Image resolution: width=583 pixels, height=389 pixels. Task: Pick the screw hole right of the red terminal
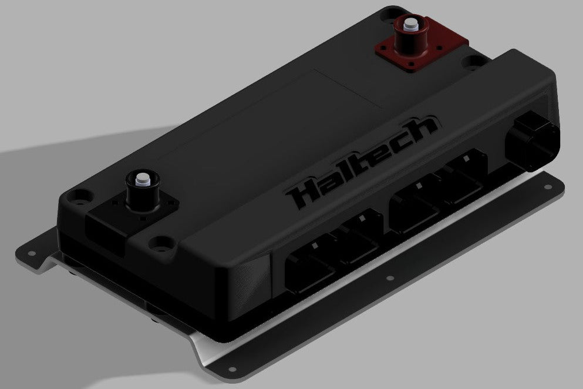point(488,59)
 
